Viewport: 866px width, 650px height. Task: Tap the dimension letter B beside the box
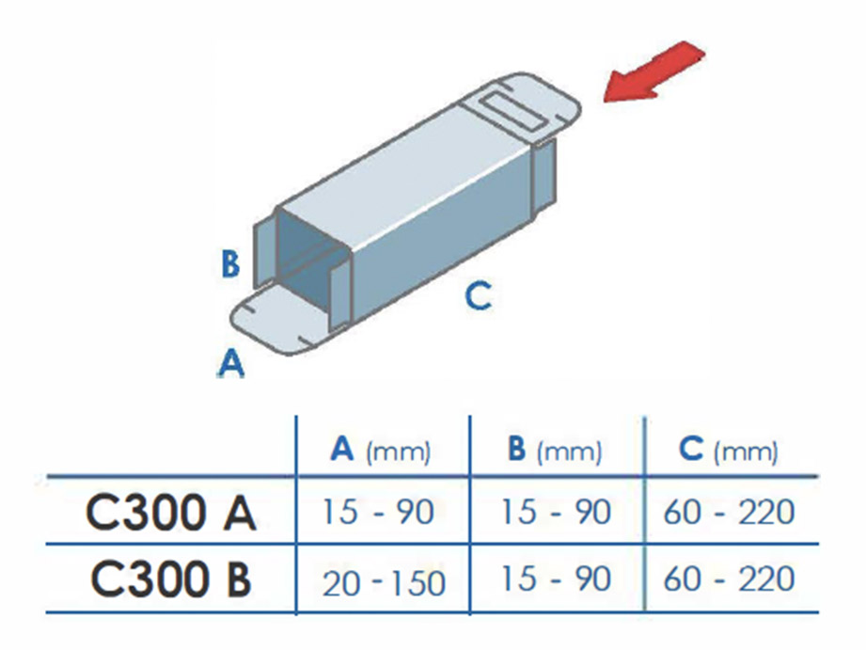[230, 263]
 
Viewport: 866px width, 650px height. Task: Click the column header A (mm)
[381, 450]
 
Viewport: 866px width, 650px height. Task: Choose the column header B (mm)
[554, 450]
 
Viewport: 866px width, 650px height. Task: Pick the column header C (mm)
[729, 450]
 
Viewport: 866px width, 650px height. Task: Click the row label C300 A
[170, 514]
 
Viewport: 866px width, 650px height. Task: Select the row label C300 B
[170, 579]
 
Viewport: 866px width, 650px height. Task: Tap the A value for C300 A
[378, 512]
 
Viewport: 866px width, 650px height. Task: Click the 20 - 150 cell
[384, 583]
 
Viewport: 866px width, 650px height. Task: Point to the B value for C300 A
[555, 512]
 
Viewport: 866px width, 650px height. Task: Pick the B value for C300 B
[555, 579]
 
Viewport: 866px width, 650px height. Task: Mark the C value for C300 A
[729, 512]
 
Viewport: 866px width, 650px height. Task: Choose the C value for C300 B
[729, 579]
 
